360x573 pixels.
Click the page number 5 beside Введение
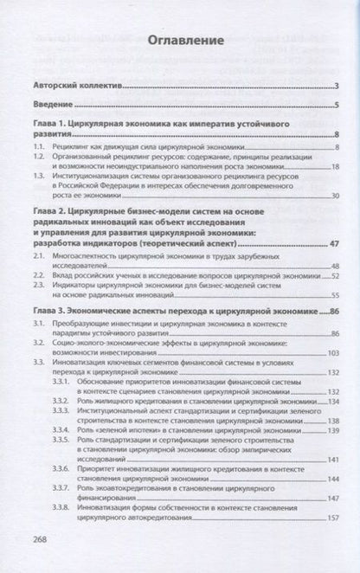pyautogui.click(x=336, y=105)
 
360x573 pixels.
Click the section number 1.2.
pyautogui.click(x=41, y=161)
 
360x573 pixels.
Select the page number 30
pyautogui.click(x=333, y=196)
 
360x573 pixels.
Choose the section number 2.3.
pyautogui.click(x=41, y=286)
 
